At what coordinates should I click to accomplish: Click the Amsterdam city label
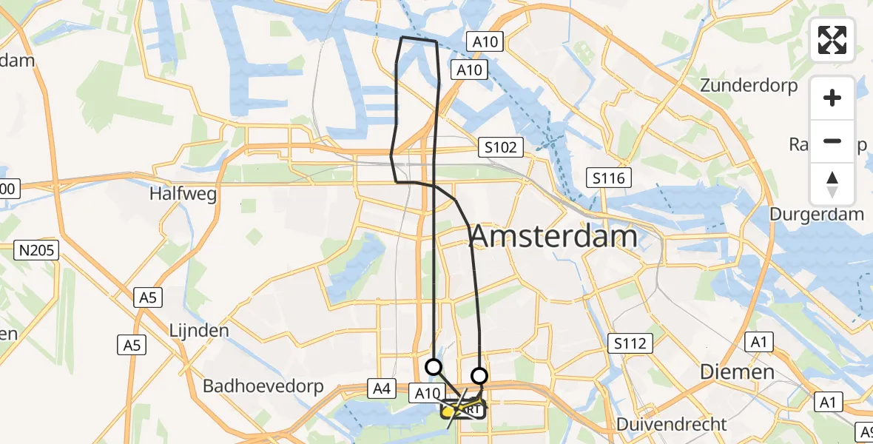[553, 237]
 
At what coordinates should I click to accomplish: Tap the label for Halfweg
[183, 195]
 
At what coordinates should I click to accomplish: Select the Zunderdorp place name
[749, 86]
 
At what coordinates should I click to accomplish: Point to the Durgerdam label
[817, 215]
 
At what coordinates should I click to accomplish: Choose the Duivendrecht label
[673, 425]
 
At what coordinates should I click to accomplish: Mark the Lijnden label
[198, 331]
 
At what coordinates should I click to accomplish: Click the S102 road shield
[501, 147]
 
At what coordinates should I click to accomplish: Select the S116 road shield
[609, 178]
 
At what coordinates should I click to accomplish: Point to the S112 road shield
[630, 343]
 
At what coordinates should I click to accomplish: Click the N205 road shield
[38, 251]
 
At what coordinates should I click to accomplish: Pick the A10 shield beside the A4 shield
[427, 393]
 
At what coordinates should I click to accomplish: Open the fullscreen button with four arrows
[833, 40]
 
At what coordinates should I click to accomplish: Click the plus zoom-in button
[833, 98]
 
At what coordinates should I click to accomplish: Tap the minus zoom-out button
[833, 141]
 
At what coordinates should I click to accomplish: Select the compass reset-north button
[833, 184]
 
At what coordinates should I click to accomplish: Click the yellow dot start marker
[448, 409]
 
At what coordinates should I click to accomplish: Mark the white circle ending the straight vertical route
[434, 366]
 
